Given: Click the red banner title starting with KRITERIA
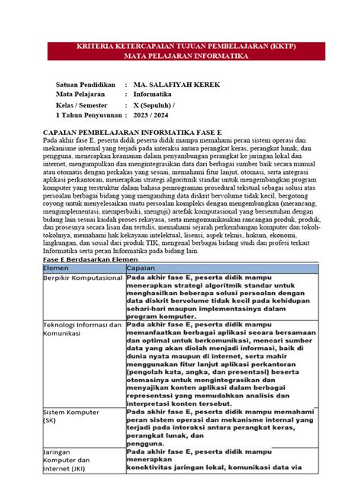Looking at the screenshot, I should click(x=180, y=46).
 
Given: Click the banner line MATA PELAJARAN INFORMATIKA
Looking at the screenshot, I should click(x=180, y=56).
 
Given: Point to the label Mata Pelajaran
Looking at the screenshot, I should click(x=79, y=93).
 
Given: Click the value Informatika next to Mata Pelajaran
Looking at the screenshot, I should click(x=155, y=93).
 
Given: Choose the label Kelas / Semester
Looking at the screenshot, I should click(x=86, y=104).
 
